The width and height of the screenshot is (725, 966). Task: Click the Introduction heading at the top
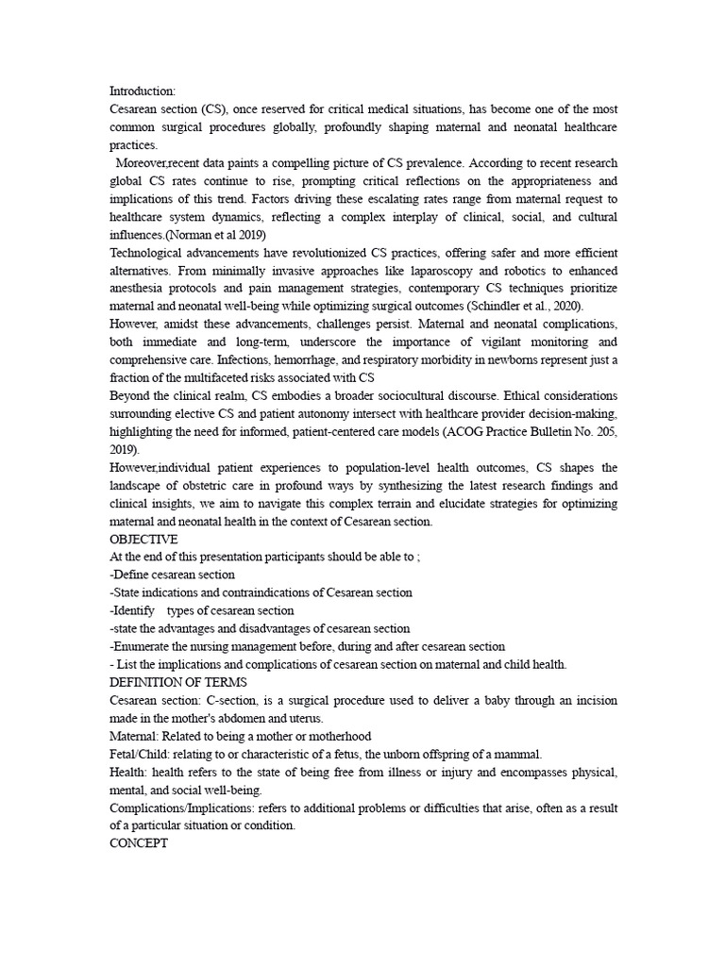click(143, 92)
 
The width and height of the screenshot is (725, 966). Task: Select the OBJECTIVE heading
click(143, 539)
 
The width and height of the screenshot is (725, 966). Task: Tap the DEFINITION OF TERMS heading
click(178, 682)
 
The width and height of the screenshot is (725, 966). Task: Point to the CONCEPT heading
click(139, 844)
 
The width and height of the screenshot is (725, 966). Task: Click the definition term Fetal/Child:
click(149, 754)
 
